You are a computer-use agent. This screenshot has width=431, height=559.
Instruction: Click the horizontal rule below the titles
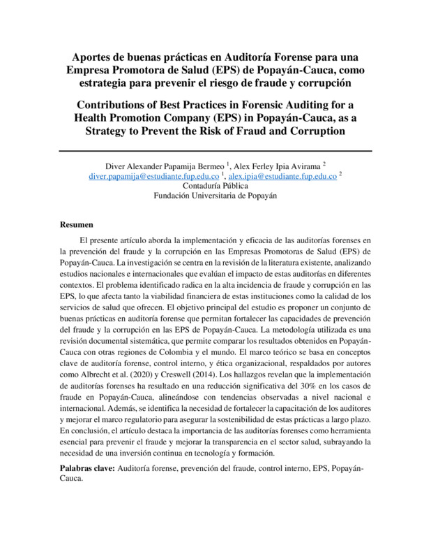(x=215, y=149)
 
